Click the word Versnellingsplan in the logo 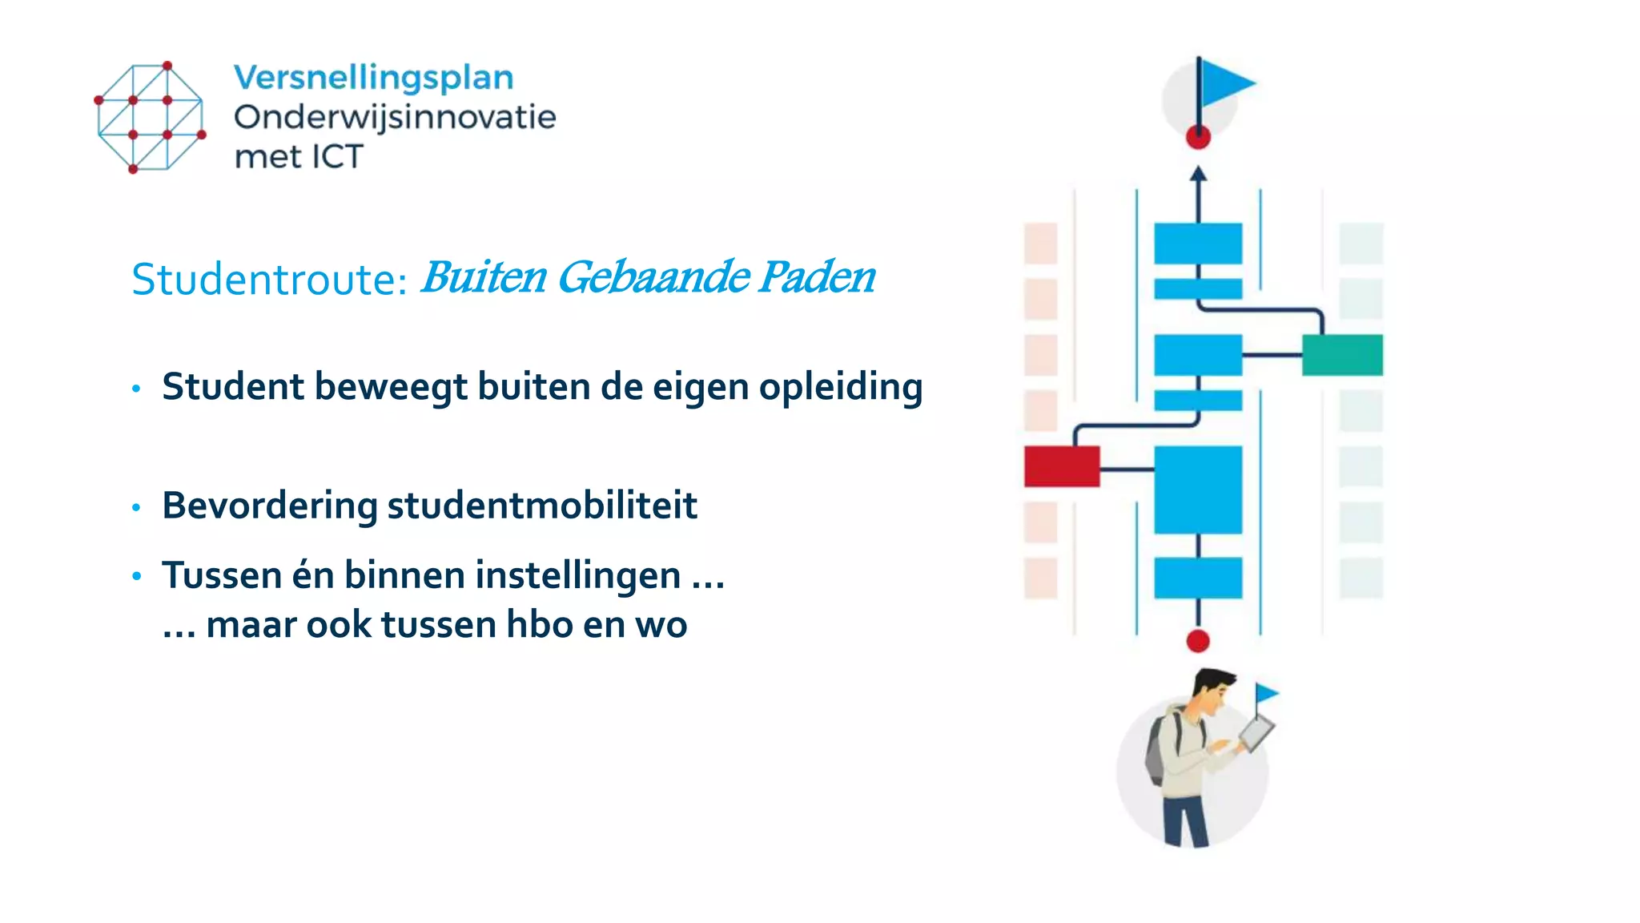tap(373, 79)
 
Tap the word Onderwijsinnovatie tap(394, 118)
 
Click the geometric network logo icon tap(150, 117)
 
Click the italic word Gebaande tap(653, 277)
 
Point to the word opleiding tap(840, 387)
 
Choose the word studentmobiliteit tap(542, 506)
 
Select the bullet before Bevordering tap(136, 507)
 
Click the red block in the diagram tap(1061, 466)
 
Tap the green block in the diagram tap(1342, 355)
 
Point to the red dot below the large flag tap(1198, 138)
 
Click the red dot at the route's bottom tap(1198, 641)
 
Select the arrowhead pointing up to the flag tap(1198, 173)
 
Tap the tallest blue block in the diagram tap(1198, 490)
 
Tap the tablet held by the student tap(1256, 733)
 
